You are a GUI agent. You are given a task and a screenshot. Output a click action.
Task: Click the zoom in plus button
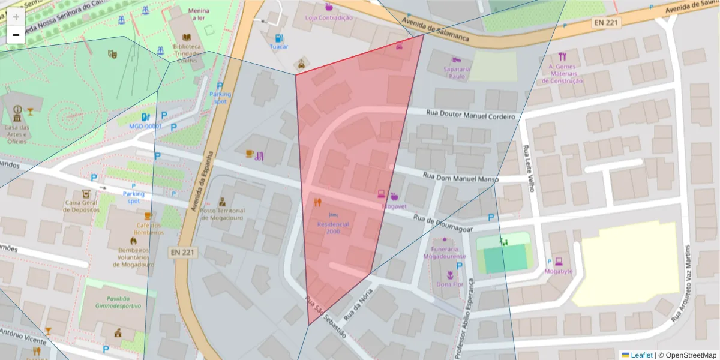click(x=16, y=17)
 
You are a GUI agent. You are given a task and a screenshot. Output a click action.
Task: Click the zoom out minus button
click(x=16, y=35)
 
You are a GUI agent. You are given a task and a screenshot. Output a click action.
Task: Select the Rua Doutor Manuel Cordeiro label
click(x=471, y=115)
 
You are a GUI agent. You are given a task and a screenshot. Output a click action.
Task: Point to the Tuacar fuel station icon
click(x=278, y=38)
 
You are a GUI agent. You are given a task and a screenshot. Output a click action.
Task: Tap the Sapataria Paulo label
click(x=457, y=73)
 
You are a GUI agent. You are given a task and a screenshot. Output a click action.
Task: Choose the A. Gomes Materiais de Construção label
click(x=562, y=74)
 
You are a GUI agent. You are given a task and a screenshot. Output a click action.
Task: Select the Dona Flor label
click(x=449, y=284)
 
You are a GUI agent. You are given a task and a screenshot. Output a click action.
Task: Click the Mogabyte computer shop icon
click(x=559, y=261)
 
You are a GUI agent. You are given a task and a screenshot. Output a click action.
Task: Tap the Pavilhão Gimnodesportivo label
click(x=118, y=302)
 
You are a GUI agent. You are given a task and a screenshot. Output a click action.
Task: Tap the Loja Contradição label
click(x=329, y=18)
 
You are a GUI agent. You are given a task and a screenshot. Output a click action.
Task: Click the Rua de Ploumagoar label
click(x=448, y=223)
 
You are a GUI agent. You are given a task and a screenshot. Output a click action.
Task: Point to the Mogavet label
click(x=394, y=206)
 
